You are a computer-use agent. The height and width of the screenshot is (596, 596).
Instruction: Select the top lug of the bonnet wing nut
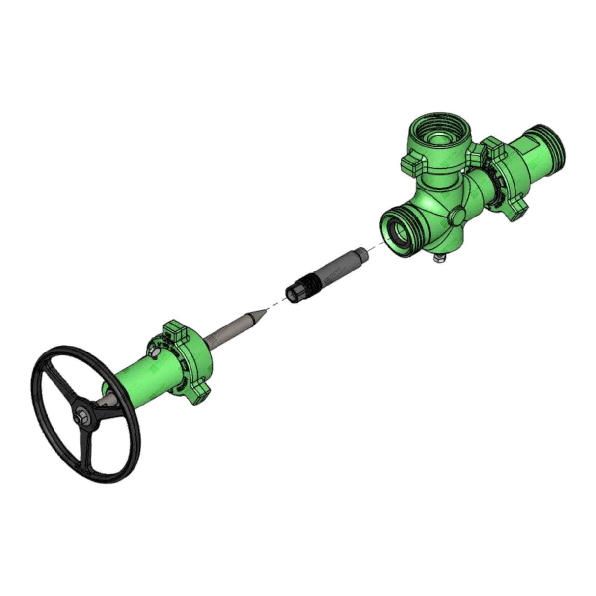click(174, 329)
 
